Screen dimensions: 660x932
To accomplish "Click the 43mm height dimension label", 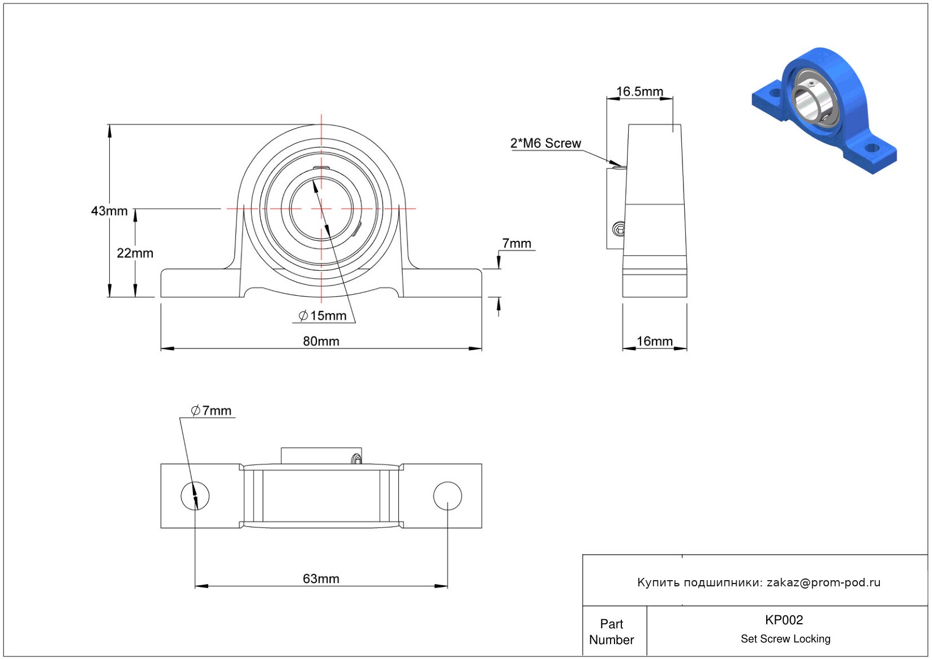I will point(109,211).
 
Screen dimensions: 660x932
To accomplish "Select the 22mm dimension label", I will point(135,253).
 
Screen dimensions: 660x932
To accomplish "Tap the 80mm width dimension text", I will point(321,341).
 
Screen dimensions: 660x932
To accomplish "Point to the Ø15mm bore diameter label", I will point(323,316).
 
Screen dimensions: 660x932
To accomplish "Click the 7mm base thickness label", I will point(517,244).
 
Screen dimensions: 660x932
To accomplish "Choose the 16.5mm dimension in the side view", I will point(639,92).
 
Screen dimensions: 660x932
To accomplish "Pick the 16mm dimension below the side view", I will point(654,341).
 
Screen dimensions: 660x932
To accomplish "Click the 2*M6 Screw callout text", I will point(546,143).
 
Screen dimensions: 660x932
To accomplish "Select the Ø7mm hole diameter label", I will point(211,411).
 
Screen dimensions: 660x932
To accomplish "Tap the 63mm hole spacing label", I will point(321,578).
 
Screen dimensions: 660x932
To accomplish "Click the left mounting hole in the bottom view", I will point(195,496).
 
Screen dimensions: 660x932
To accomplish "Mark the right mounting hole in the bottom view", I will point(447,496).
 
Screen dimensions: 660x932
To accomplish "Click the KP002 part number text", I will point(784,620).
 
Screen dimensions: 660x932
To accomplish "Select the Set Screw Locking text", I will point(785,638).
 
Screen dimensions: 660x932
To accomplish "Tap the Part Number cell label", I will point(612,632).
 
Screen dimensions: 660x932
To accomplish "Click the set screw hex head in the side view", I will point(619,229).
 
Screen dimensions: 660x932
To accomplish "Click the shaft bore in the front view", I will point(321,208).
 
